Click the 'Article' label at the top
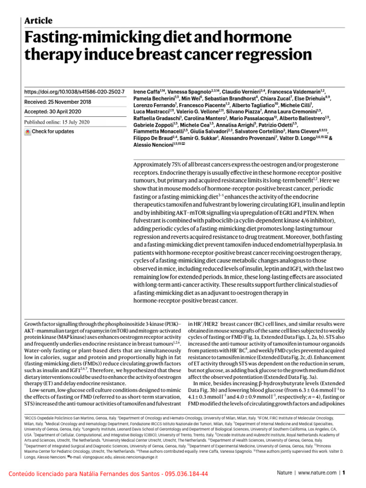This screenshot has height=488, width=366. pos(38,20)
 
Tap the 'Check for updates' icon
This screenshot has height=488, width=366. pos(27,132)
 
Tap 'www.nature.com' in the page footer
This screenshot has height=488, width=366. pos(315,474)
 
